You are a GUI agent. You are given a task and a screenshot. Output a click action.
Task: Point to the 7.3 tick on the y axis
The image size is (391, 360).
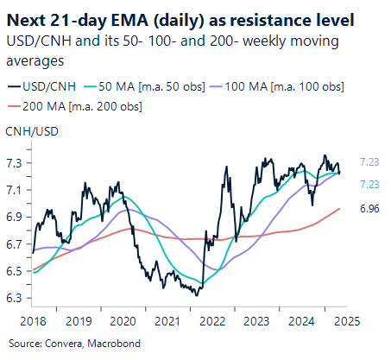pos(14,163)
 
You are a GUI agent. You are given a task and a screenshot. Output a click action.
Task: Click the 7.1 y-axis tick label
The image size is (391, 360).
pos(14,190)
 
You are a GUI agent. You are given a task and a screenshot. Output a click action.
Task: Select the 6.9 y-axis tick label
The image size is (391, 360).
pos(14,218)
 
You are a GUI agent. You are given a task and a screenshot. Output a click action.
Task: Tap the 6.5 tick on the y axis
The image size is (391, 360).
pos(14,271)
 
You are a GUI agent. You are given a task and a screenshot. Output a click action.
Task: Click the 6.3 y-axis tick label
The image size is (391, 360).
pos(14,299)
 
